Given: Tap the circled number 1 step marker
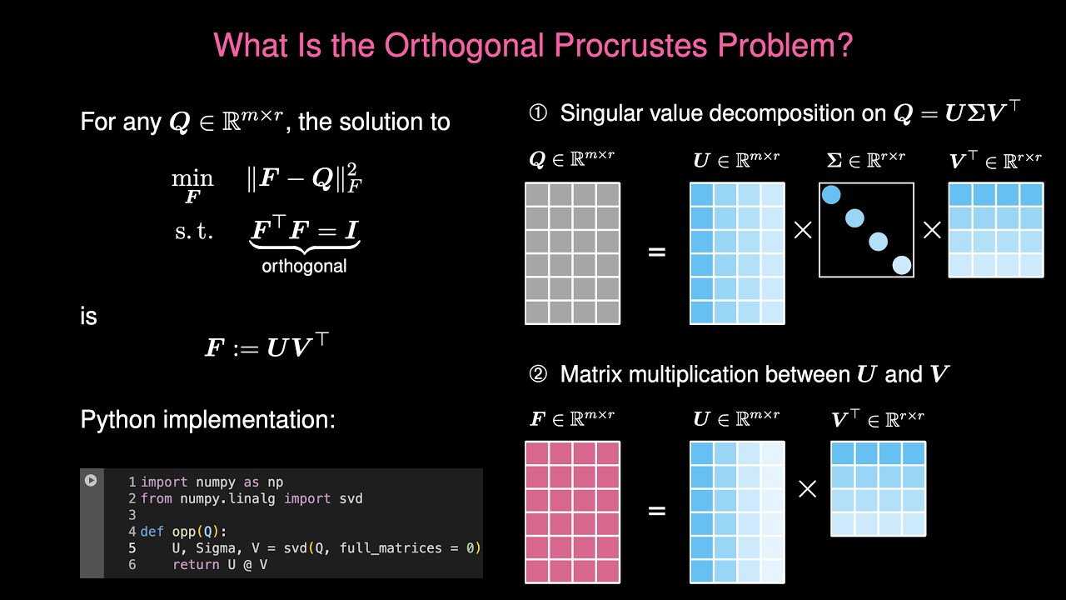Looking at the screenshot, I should tap(538, 113).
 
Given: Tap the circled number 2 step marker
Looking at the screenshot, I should tap(538, 375).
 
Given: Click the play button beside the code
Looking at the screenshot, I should tap(91, 480).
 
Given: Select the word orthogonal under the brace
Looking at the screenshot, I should tap(304, 267).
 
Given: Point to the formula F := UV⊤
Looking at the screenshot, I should tap(266, 346).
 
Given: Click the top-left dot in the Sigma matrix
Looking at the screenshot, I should tap(831, 195).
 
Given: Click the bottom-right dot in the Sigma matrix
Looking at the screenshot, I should tap(901, 265).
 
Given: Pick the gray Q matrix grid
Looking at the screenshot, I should tap(572, 253).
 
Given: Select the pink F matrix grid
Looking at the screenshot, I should tap(572, 512).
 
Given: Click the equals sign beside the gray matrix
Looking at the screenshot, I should tap(656, 251).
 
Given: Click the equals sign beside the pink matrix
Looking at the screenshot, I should tap(656, 511).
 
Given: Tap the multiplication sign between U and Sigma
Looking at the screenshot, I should tap(802, 230).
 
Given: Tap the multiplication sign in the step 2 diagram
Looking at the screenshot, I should tap(807, 489).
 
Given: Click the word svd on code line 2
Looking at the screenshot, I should tap(351, 498).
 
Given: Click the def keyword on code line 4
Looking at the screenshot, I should tap(152, 532).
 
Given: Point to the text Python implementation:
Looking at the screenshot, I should tap(207, 419).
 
